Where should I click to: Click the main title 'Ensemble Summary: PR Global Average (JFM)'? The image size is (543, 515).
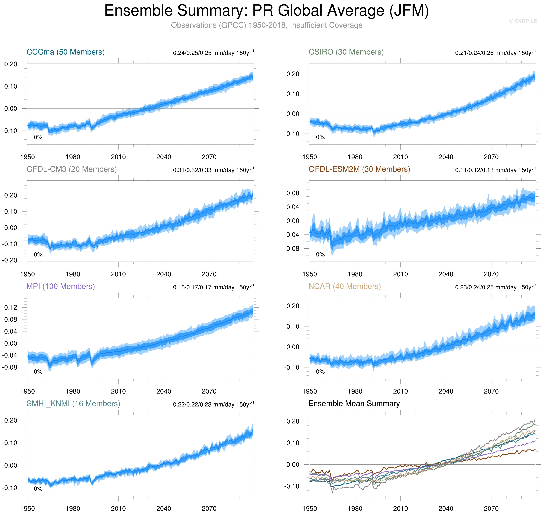267,11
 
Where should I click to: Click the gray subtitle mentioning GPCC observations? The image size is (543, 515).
267,25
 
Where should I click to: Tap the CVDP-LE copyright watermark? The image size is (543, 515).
523,21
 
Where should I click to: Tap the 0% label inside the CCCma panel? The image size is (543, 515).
38,137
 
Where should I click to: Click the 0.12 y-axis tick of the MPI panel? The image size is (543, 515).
11,308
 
